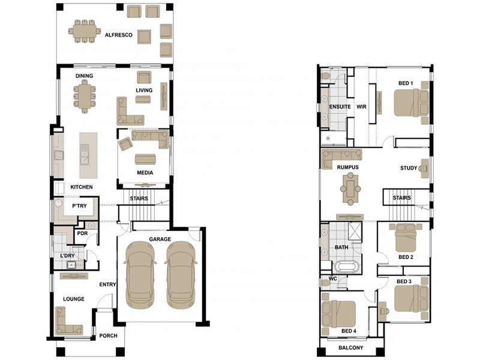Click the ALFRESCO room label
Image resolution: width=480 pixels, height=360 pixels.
[118, 35]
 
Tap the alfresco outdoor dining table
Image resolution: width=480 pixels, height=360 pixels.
[85, 31]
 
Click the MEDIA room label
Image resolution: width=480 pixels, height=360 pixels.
[144, 173]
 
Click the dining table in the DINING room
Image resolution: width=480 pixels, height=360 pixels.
[84, 95]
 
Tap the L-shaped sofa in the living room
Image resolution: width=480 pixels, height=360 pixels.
[128, 112]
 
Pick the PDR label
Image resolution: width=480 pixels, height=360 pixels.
[82, 233]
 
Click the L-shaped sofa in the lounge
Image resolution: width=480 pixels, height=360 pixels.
[66, 322]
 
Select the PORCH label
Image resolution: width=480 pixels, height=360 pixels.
[108, 335]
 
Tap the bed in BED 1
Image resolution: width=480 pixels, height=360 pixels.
[411, 102]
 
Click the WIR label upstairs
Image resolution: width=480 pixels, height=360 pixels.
[361, 106]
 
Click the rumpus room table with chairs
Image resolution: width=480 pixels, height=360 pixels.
[350, 188]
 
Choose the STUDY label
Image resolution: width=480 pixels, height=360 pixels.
[408, 168]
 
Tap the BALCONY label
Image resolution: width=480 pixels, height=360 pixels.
[351, 348]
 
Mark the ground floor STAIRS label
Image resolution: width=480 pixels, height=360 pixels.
[139, 198]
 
